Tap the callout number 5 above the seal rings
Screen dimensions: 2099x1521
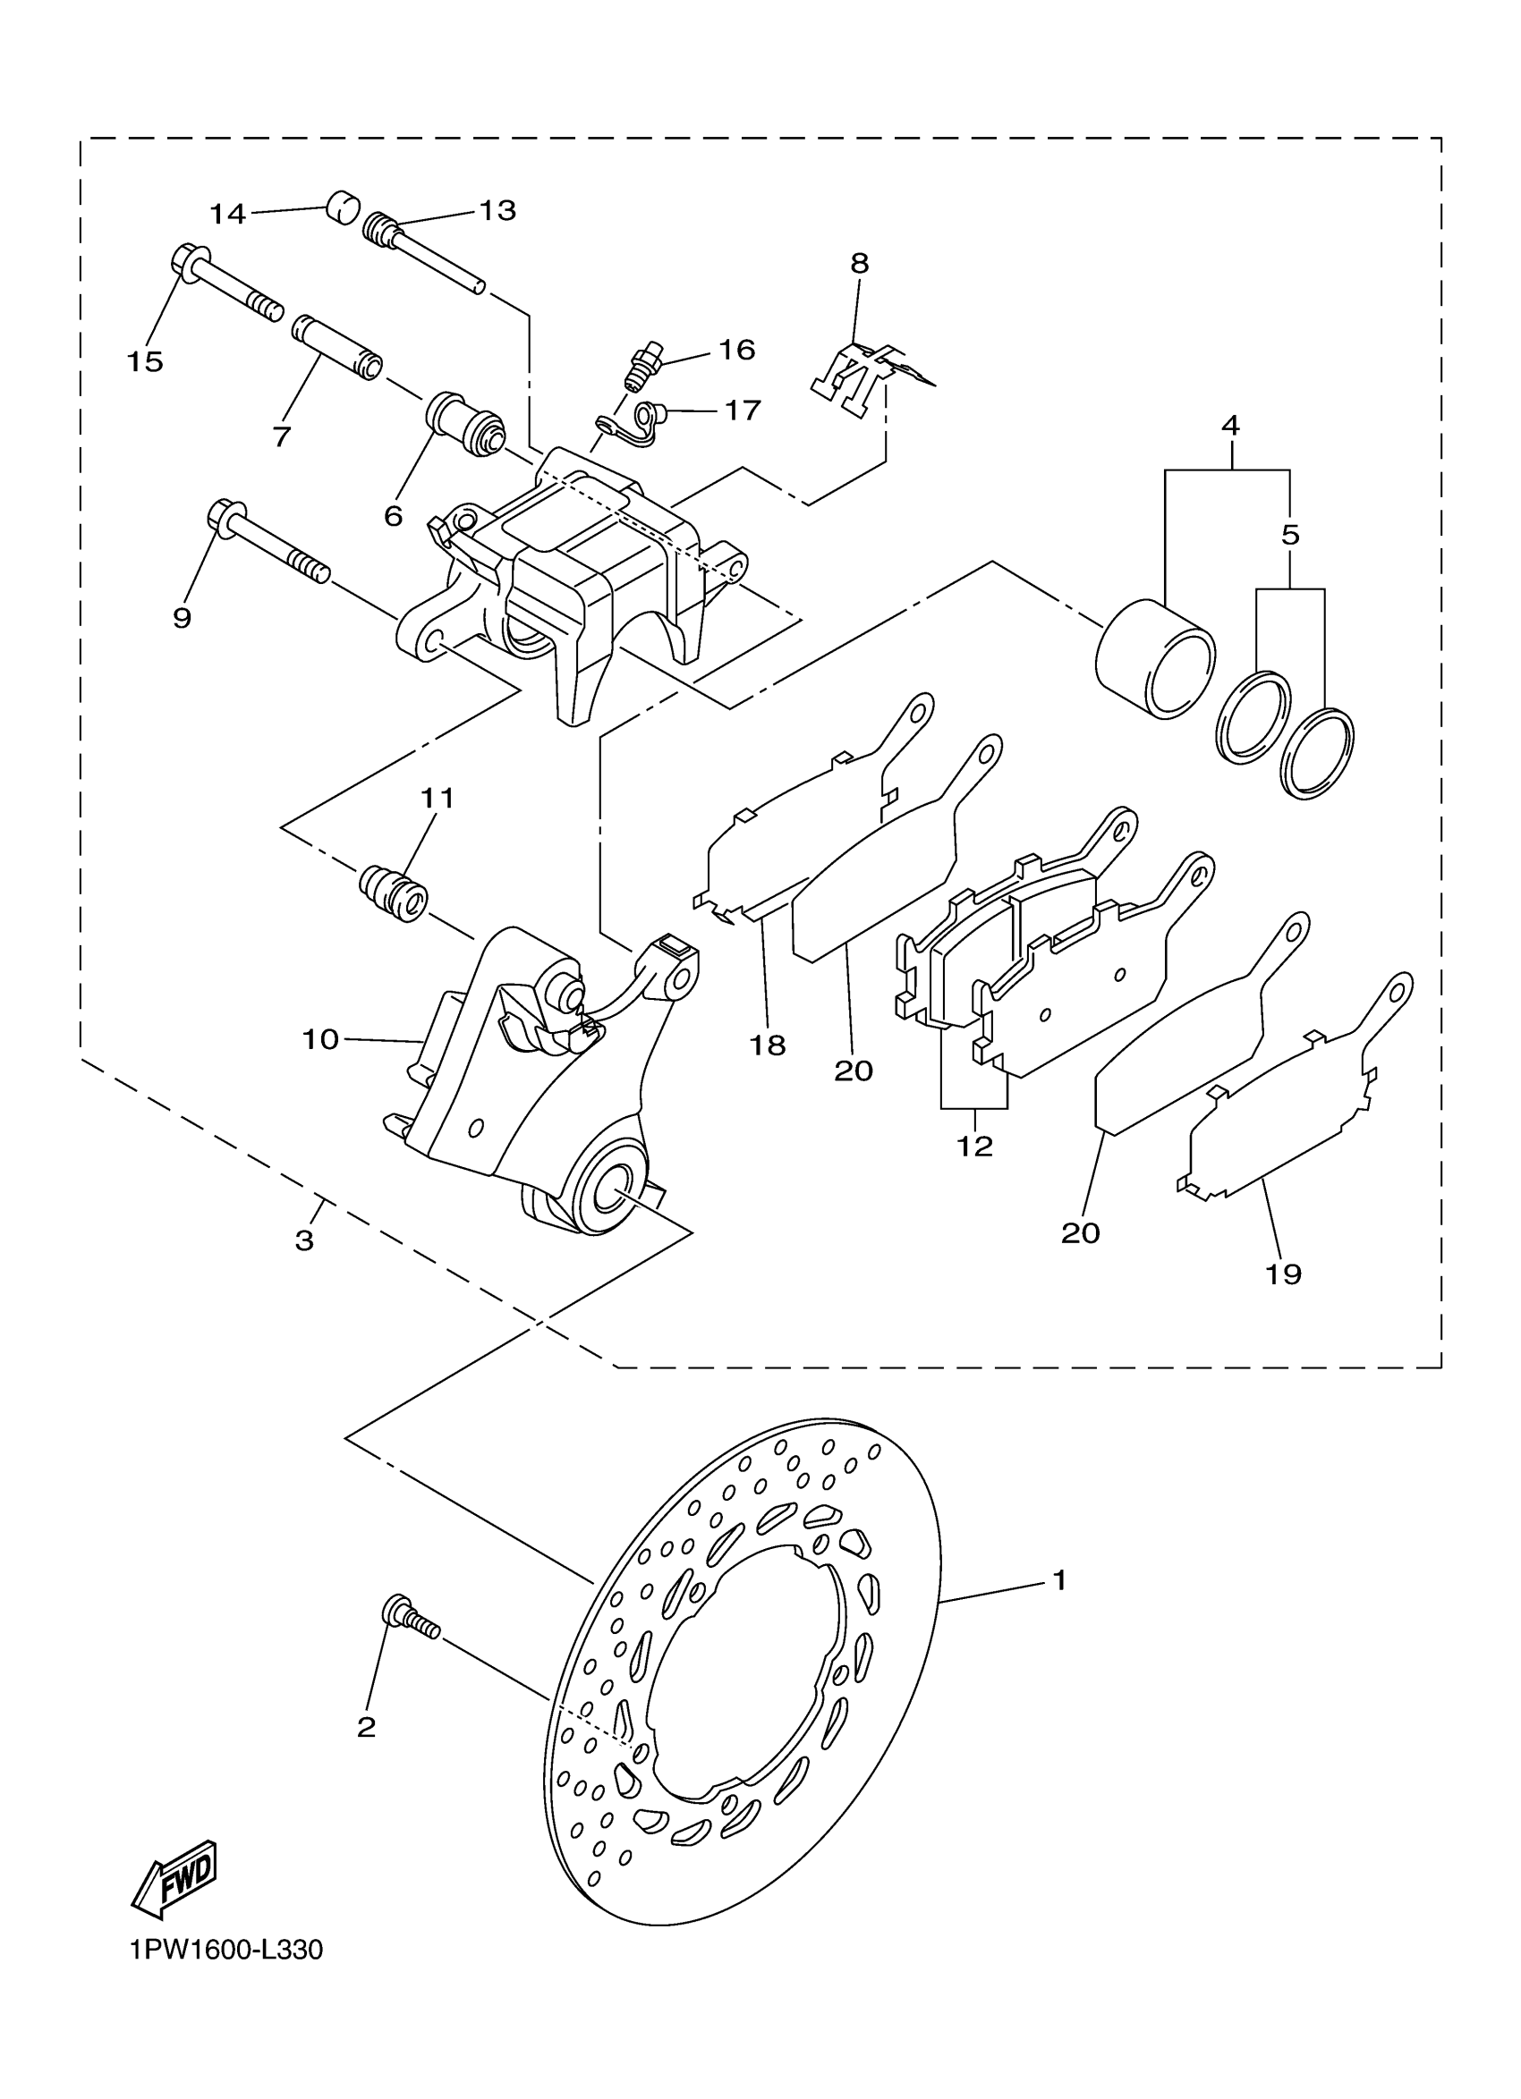click(x=1290, y=535)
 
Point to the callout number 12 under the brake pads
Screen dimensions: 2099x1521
click(x=975, y=1146)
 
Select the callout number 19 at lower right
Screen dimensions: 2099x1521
click(x=1284, y=1274)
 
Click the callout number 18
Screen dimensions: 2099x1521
click(x=768, y=1045)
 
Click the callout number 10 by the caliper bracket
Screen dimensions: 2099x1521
click(x=320, y=1039)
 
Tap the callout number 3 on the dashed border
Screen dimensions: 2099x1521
click(x=304, y=1240)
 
